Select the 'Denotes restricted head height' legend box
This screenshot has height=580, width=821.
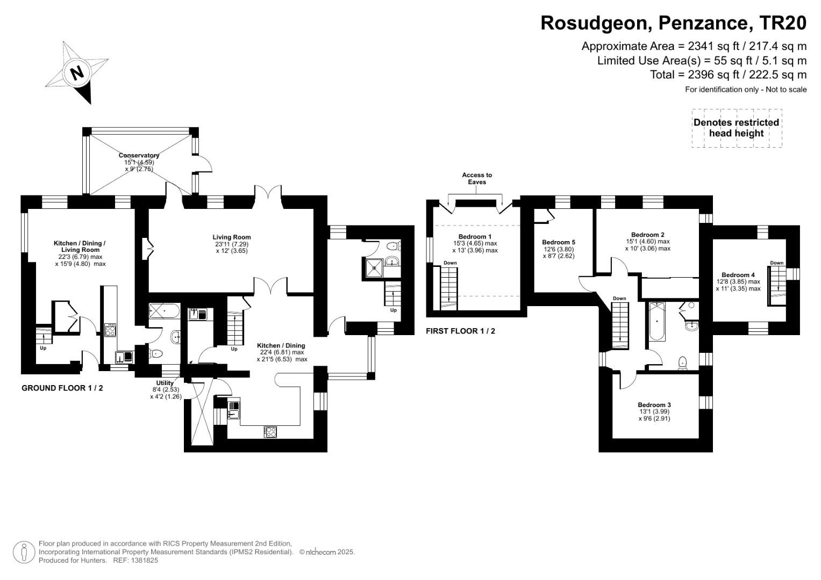[736, 128]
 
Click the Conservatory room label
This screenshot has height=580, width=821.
[139, 156]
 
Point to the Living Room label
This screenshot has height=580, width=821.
[231, 237]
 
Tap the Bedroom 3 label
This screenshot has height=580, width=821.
[654, 405]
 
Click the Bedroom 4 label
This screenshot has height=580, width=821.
[738, 275]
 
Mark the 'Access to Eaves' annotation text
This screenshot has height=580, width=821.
[476, 178]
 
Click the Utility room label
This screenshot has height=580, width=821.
[165, 383]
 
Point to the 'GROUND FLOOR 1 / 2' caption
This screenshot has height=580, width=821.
[62, 388]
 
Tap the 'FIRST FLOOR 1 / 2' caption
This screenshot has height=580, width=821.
[460, 331]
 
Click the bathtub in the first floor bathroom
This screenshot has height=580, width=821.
[657, 321]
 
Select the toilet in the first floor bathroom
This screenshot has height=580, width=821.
[683, 364]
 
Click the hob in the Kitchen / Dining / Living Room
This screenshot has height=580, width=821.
[110, 330]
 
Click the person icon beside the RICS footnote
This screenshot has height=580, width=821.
[24, 552]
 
